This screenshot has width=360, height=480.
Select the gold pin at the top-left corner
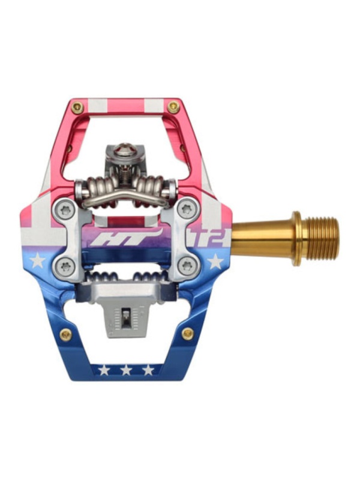tap(78, 107)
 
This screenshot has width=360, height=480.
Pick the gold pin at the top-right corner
tap(173, 107)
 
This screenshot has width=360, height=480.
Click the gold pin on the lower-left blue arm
tap(66, 335)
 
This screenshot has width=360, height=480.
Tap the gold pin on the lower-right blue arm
tap(187, 334)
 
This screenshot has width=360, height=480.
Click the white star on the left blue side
tap(37, 261)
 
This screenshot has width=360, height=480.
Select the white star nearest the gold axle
tap(215, 261)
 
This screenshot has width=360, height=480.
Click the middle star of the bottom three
tap(126, 370)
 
